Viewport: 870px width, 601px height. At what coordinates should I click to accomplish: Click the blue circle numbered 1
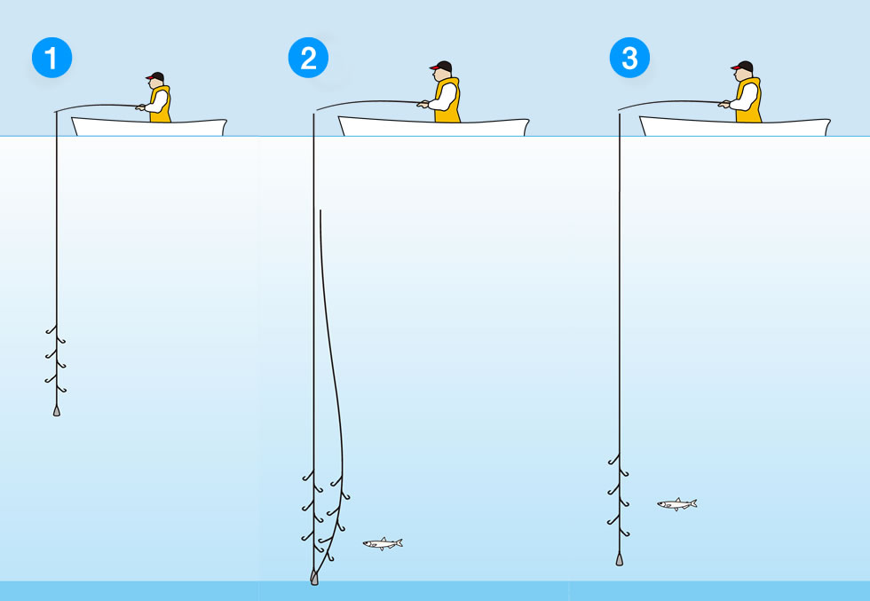[x=51, y=58]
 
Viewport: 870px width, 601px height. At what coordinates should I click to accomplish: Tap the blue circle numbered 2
[x=308, y=58]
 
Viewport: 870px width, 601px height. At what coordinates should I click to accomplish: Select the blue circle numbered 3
[x=629, y=58]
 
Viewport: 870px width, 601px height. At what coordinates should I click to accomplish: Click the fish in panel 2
[x=383, y=544]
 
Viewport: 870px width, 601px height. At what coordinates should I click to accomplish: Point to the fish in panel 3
[x=676, y=504]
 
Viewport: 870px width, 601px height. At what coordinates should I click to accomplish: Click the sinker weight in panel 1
[x=57, y=411]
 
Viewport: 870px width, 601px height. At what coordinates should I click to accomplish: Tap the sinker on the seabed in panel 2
[x=314, y=578]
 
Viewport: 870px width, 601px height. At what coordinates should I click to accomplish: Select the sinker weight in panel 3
[x=620, y=559]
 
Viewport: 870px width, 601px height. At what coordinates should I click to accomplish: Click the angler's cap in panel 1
[x=155, y=76]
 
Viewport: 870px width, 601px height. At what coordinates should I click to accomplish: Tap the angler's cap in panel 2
[x=441, y=66]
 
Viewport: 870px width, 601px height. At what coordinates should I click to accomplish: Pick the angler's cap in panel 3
[x=742, y=66]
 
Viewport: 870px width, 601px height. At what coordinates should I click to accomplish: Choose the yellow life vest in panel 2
[x=447, y=100]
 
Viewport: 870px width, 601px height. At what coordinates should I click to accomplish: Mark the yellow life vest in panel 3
[x=749, y=100]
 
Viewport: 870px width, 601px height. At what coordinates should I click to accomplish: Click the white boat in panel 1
[x=149, y=127]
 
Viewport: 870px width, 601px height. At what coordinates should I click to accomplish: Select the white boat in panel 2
[x=434, y=127]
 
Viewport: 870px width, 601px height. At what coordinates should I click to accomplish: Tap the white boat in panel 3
[x=735, y=127]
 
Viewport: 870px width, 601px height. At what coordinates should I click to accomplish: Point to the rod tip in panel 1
[x=55, y=112]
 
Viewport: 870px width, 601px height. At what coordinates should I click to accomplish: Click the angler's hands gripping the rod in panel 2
[x=423, y=104]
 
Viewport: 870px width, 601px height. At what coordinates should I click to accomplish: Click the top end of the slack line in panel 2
[x=320, y=211]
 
